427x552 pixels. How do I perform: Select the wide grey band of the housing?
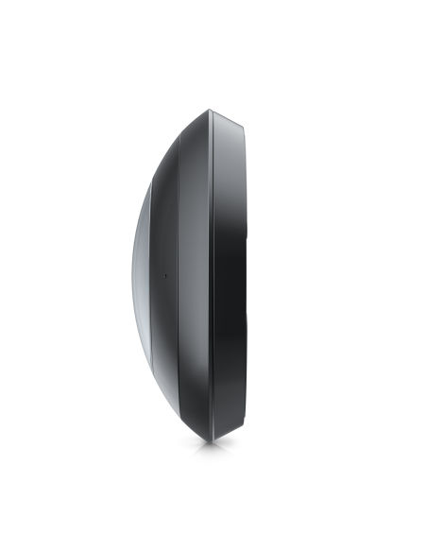tap(195, 274)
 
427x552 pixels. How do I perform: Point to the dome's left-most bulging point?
tap(133, 274)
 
